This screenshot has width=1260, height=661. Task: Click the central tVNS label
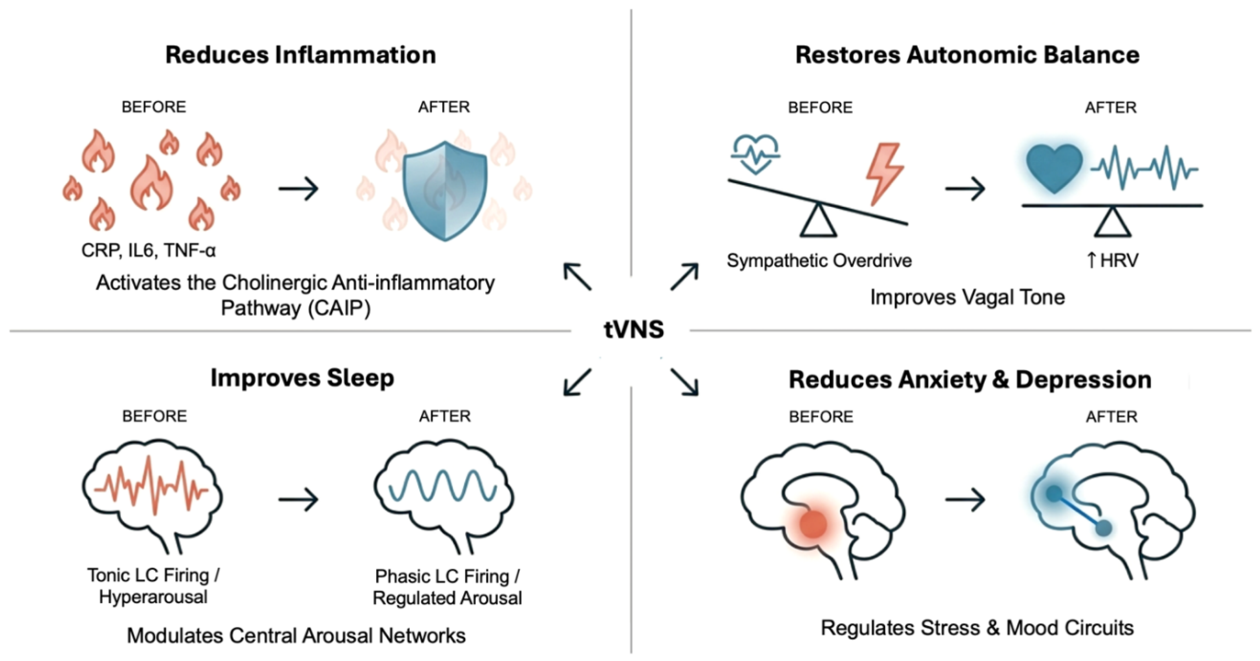click(x=633, y=329)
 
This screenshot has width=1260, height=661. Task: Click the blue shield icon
click(x=444, y=191)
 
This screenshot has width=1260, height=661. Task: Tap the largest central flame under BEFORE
click(x=151, y=183)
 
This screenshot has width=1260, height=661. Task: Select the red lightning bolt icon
click(x=884, y=174)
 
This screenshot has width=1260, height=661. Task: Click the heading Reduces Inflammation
click(x=300, y=55)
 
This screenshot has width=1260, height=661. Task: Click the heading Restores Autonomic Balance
click(x=967, y=55)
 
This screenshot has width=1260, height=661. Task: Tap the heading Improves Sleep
click(x=302, y=378)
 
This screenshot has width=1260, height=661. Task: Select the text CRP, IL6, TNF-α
click(x=148, y=250)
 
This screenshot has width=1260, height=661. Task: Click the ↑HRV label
click(x=1112, y=260)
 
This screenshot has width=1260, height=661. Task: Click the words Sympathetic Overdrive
click(x=819, y=261)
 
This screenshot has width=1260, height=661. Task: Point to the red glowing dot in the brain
click(x=813, y=524)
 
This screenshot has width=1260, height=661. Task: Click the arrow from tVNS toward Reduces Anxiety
click(x=684, y=382)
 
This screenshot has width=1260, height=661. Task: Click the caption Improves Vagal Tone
click(x=967, y=297)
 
